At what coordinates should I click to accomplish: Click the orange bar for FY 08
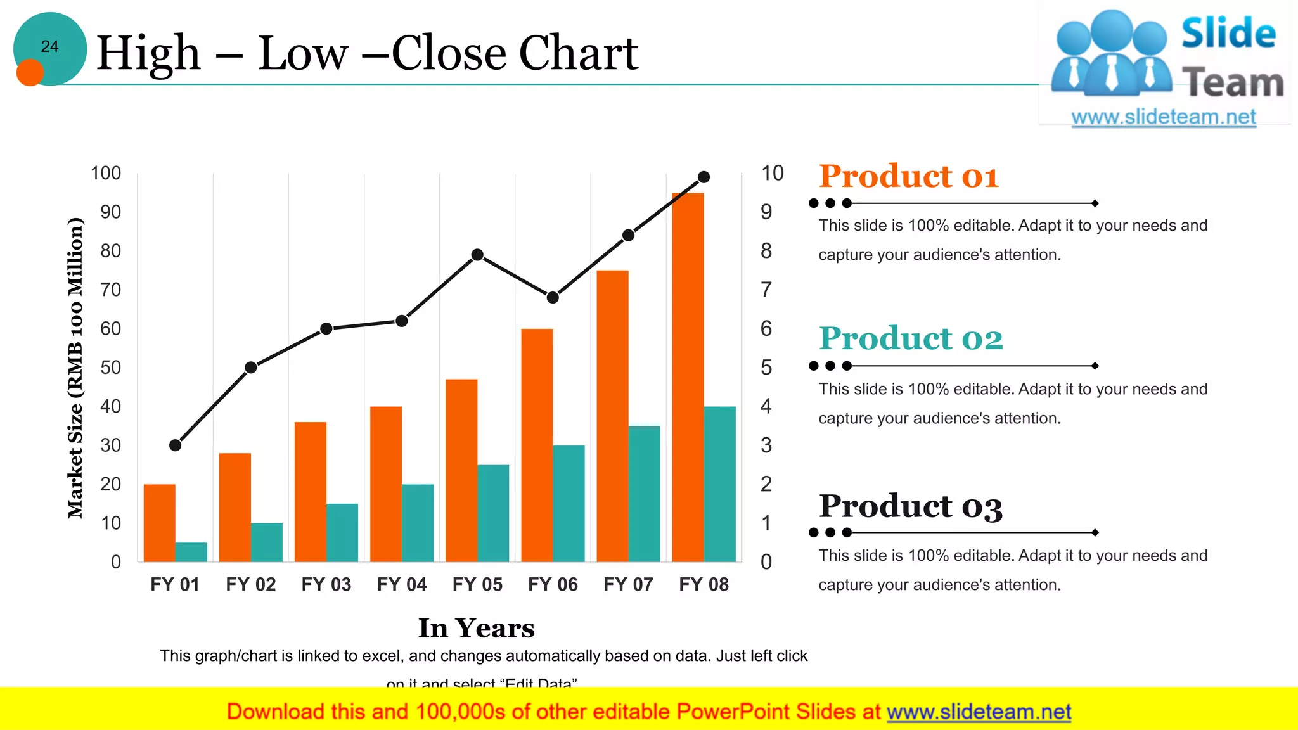pos(688,377)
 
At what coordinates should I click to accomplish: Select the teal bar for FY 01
pos(191,552)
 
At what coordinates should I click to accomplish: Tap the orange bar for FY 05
pos(461,470)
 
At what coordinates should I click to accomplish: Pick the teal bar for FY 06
pos(569,503)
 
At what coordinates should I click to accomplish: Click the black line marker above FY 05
pos(477,255)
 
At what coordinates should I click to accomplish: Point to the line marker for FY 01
pos(176,445)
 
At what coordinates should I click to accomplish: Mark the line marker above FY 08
pos(704,177)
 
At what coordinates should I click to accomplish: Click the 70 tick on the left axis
pos(110,290)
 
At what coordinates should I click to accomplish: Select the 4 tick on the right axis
pos(766,406)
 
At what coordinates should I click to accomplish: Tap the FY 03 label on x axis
pos(326,584)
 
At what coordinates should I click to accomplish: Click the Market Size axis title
pos(75,368)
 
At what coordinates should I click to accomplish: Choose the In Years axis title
pos(476,628)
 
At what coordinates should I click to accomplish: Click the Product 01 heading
pos(908,176)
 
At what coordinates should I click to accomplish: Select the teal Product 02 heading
pos(911,338)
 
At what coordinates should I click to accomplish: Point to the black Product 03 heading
pos(911,506)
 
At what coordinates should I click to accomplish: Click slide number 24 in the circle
pos(50,46)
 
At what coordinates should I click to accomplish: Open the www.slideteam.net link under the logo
pos(1164,117)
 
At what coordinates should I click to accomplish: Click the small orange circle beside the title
pos(30,72)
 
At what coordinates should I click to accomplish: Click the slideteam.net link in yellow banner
pos(979,712)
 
